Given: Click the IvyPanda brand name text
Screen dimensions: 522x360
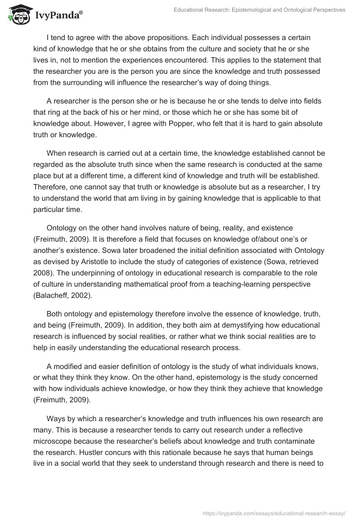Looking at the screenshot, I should click(x=58, y=16).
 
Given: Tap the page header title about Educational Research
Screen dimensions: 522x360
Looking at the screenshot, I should click(x=259, y=9).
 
